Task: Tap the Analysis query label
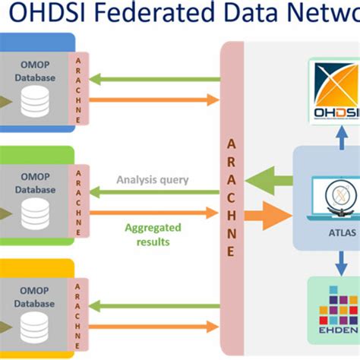coord(153,180)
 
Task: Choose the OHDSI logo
coord(335,94)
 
